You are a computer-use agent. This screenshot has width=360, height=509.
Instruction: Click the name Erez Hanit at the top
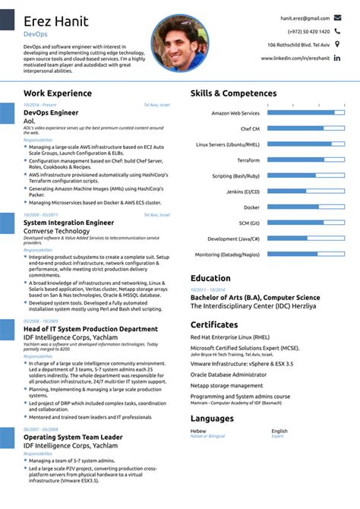(x=55, y=21)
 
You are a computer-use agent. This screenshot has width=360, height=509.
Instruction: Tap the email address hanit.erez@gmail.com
(x=305, y=17)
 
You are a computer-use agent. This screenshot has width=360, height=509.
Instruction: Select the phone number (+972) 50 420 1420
(x=308, y=31)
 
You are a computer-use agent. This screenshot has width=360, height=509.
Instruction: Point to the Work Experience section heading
(x=58, y=93)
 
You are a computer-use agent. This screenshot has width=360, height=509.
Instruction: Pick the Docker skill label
(x=251, y=207)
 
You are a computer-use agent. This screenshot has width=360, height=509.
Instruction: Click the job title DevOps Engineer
(x=51, y=112)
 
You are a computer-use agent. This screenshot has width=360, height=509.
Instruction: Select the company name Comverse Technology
(x=57, y=231)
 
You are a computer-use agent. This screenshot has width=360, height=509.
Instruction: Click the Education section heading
(x=211, y=278)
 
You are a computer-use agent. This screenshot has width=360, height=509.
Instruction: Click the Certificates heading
(x=215, y=325)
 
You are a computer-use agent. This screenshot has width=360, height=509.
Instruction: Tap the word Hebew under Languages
(x=199, y=431)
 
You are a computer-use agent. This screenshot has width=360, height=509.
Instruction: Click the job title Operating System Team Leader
(x=73, y=438)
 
